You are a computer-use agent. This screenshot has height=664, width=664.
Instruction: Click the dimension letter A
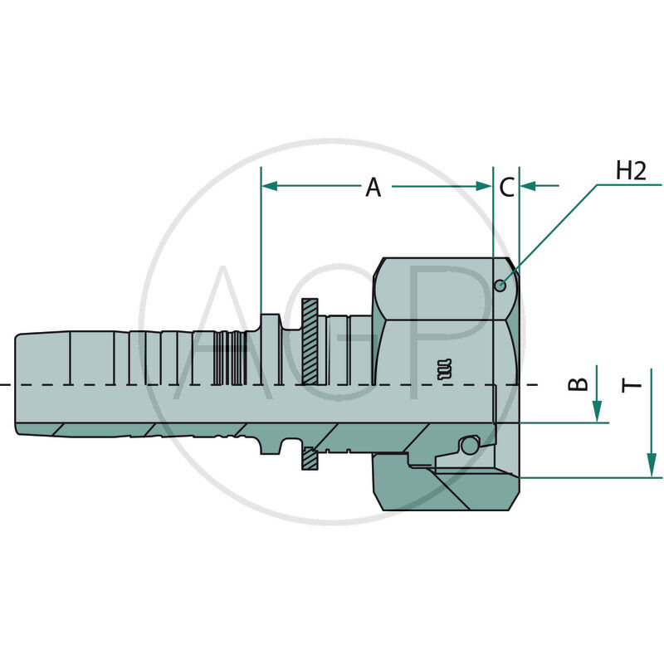click(x=373, y=188)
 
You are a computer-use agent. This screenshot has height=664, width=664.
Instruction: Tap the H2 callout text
click(x=631, y=171)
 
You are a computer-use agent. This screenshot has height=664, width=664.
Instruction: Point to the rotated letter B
click(x=582, y=383)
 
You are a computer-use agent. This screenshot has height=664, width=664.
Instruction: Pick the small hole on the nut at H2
click(x=500, y=286)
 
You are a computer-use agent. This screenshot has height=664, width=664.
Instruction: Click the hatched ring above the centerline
click(x=310, y=340)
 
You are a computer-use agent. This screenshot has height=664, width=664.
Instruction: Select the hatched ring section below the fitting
click(x=310, y=456)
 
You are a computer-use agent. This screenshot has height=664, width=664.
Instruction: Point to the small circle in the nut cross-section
click(x=469, y=446)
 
